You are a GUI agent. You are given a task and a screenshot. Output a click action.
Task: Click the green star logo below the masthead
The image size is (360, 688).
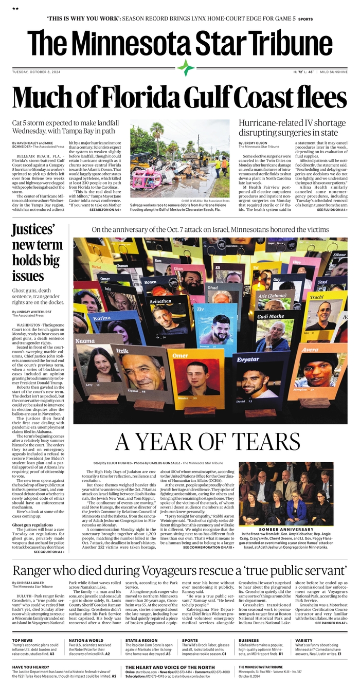tap(186, 67)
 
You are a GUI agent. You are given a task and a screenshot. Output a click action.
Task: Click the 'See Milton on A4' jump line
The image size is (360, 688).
tap(105, 210)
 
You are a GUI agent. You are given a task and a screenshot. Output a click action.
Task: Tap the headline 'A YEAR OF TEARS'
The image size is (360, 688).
tap(207, 441)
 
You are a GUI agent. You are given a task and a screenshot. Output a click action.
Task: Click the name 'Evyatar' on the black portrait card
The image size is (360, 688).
tap(250, 360)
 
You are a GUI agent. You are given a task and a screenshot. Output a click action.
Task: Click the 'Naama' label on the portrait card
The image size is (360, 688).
tap(84, 340)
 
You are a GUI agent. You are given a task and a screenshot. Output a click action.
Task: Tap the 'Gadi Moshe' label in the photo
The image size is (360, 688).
tap(270, 316)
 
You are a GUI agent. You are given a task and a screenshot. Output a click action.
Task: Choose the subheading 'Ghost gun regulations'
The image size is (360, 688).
tap(33, 524)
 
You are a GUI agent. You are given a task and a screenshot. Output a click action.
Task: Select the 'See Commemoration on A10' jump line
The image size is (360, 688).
tap(208, 548)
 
